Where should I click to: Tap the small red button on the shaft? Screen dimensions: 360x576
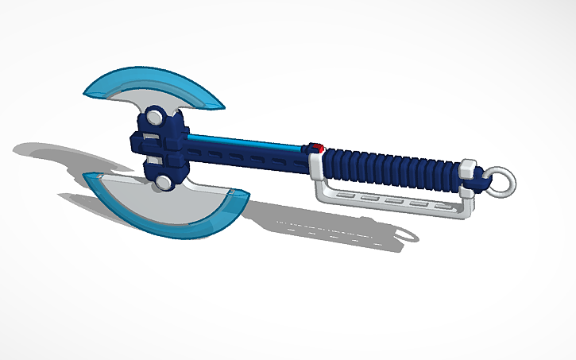317,147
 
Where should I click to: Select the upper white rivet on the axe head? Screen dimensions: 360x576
157,119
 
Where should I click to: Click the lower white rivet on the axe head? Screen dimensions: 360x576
164,183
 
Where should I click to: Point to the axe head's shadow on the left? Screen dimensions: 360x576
56,155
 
